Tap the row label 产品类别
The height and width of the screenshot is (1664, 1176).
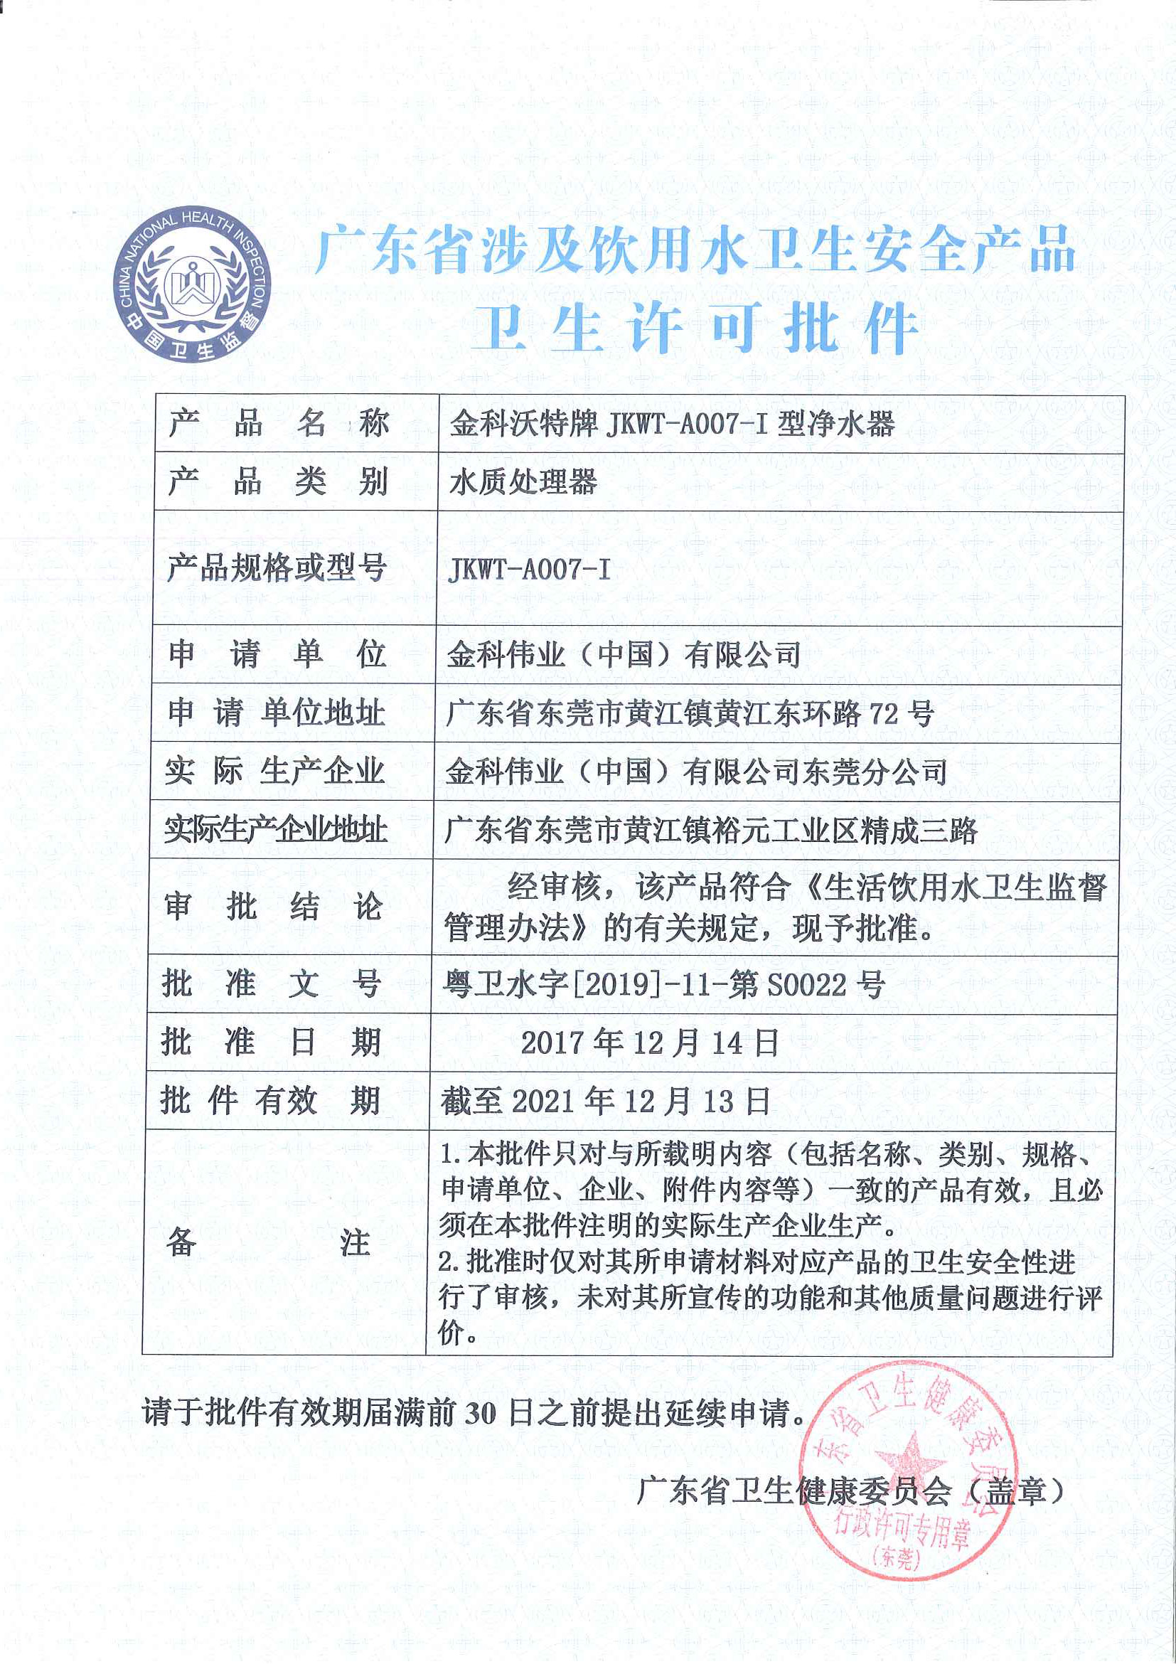pyautogui.click(x=278, y=481)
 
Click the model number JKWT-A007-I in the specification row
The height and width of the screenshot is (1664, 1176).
pyautogui.click(x=529, y=570)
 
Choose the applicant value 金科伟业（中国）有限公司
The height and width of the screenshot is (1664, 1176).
pyautogui.click(x=623, y=655)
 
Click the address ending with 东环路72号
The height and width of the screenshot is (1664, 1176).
pyautogui.click(x=688, y=714)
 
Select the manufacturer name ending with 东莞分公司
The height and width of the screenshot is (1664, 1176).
pyautogui.click(x=695, y=772)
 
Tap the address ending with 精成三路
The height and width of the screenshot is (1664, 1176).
pyautogui.click(x=710, y=831)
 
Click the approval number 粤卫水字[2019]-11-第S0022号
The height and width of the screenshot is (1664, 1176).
pyautogui.click(x=663, y=984)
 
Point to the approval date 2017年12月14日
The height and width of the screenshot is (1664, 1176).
pyautogui.click(x=649, y=1043)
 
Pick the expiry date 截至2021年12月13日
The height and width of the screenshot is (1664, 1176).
pyautogui.click(x=605, y=1102)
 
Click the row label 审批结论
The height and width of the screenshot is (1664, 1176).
pyautogui.click(x=274, y=907)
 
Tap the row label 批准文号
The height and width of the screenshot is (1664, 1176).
pyautogui.click(x=272, y=984)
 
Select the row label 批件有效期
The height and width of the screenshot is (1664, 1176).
pyautogui.click(x=271, y=1102)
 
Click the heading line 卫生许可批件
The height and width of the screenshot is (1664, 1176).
pyautogui.click(x=695, y=326)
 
